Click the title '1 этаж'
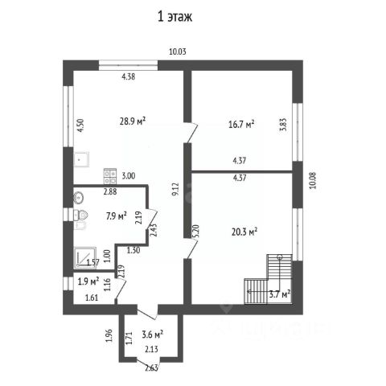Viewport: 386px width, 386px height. click(x=175, y=17)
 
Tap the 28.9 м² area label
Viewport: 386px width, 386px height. click(x=133, y=121)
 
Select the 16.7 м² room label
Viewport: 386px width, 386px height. click(x=241, y=125)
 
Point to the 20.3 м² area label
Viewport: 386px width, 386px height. click(x=244, y=232)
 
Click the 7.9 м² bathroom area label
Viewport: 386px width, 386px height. click(x=116, y=216)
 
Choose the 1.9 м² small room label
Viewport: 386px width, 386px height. click(x=88, y=281)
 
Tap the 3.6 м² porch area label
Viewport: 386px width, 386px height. click(x=153, y=335)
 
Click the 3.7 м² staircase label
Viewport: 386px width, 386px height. click(x=280, y=294)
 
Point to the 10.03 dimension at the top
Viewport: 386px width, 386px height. click(x=178, y=51)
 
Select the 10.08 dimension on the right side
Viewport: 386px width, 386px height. click(x=313, y=180)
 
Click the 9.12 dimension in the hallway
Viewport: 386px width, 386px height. click(x=175, y=190)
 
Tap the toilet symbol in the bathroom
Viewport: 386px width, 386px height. click(x=80, y=215)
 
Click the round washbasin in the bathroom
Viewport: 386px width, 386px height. click(x=79, y=198)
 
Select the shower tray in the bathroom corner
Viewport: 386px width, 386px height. click(x=84, y=257)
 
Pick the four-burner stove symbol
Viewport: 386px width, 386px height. click(x=110, y=176)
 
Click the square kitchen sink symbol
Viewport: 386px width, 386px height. click(x=81, y=159)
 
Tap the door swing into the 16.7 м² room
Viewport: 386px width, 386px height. click(x=192, y=133)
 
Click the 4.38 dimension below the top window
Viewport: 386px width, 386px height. click(x=129, y=77)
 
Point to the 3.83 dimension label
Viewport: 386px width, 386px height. click(x=284, y=125)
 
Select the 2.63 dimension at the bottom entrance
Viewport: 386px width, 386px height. click(x=152, y=368)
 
